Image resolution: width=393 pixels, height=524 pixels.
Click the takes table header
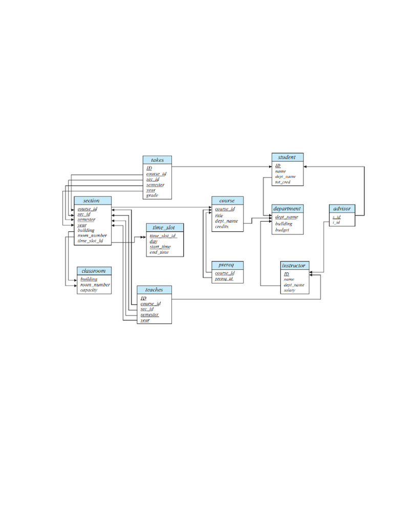coord(157,160)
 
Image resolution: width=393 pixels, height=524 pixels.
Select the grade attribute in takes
coord(152,195)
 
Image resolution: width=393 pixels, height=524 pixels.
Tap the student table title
coord(287,157)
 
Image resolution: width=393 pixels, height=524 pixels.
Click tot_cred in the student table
coord(282,182)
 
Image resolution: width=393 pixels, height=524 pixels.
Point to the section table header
coord(91,201)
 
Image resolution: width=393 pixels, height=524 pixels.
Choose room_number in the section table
coord(92,235)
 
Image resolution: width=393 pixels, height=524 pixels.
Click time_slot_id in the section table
coord(91,241)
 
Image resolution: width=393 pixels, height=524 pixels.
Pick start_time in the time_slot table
coord(160,247)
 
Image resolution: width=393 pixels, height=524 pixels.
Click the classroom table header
coord(94,271)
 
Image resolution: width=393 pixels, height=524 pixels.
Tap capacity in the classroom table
coord(88,290)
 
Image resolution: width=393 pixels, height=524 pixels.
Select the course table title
coord(227,201)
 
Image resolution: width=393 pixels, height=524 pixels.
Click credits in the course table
coord(222,226)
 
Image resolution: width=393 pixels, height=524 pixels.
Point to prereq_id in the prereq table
coord(224,278)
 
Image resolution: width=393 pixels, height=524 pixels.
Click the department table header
coord(287,209)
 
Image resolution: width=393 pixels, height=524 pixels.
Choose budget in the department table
coord(282,230)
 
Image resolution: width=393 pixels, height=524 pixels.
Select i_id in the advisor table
coord(336,222)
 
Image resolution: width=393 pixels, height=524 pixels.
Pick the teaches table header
coord(154,290)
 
